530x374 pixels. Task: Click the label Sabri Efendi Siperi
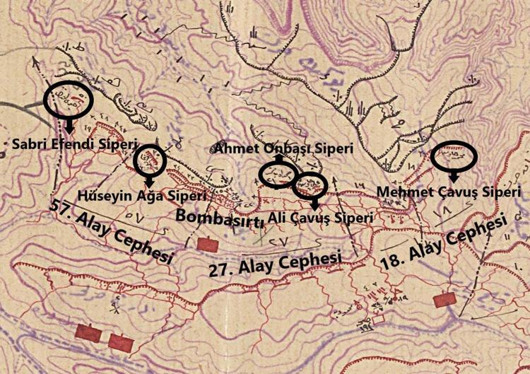[x=73, y=144]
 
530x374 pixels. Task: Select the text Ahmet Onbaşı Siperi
[x=276, y=148]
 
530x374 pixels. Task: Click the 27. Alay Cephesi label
[x=276, y=264]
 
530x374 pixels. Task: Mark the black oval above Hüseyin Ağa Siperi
[x=150, y=160]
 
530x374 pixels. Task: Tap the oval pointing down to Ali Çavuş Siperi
[x=310, y=186]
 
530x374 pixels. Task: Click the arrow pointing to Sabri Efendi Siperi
[x=69, y=126]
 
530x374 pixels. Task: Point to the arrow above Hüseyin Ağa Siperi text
[x=149, y=182]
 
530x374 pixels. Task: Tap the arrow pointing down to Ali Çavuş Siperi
[x=314, y=204]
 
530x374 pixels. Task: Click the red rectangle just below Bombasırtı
[x=208, y=244]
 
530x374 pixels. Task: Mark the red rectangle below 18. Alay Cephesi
[x=445, y=300]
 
